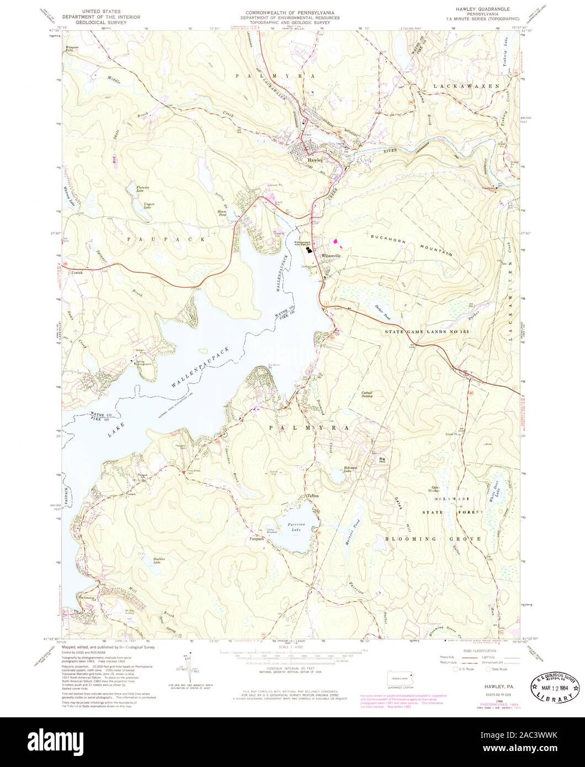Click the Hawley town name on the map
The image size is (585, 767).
point(315,161)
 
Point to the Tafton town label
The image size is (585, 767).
point(313,496)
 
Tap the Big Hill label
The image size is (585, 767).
point(380,459)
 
